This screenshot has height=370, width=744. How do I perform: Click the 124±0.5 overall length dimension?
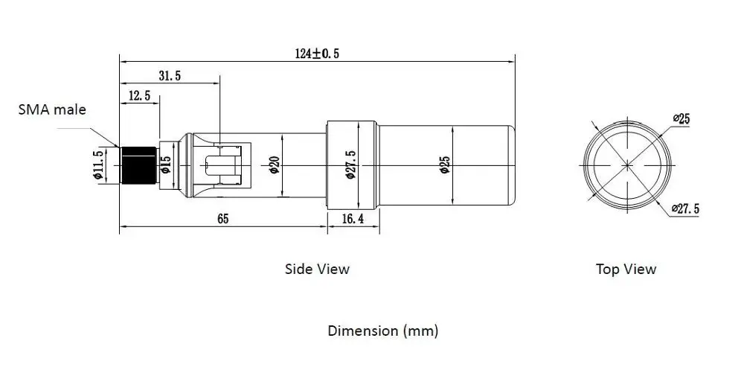317,53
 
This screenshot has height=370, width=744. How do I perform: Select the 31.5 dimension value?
170,75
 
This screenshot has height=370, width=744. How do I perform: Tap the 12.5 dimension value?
139,95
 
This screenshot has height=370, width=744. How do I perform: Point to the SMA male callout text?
52,109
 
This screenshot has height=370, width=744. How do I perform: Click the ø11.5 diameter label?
98,165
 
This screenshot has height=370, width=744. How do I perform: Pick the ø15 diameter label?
166,165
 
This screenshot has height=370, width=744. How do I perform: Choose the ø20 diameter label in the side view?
275,165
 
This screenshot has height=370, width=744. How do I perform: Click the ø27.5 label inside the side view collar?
350,165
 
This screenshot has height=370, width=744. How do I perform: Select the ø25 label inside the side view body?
445,165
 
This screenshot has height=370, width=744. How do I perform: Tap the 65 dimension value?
223,218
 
